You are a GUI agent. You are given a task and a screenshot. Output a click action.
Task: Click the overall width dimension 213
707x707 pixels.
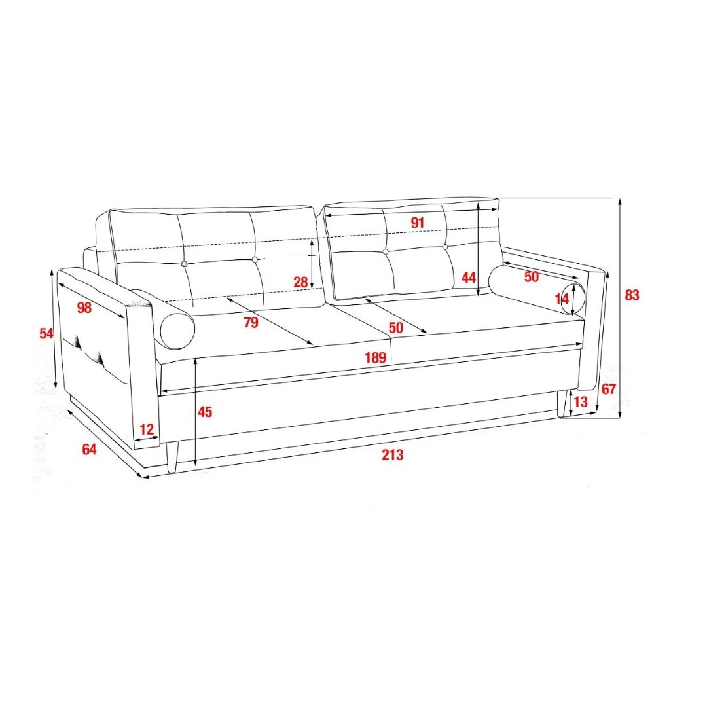[x=392, y=454]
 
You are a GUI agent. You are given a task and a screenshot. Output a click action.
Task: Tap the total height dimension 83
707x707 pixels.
[x=632, y=295]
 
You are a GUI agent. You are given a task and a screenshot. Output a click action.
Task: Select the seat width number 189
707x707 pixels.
[x=375, y=357]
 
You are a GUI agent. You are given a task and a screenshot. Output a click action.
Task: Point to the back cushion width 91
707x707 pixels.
[x=418, y=223]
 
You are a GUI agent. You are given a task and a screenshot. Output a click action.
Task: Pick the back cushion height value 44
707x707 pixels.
[x=469, y=278]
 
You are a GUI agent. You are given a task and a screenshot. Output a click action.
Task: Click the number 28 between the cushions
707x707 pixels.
[x=300, y=282]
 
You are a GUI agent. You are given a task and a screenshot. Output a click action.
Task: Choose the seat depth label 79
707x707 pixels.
[x=251, y=323]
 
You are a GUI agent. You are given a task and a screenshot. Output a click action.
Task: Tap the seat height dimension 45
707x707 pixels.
[x=205, y=412]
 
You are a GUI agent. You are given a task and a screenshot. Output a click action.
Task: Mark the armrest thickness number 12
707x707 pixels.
[x=147, y=429]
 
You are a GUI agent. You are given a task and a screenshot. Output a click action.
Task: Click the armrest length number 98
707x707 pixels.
[x=84, y=308]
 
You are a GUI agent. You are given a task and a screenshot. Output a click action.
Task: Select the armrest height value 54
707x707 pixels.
[x=46, y=334]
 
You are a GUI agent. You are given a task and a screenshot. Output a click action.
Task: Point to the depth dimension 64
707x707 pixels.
[x=89, y=450]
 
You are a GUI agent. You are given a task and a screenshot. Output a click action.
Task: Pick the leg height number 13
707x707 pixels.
[x=581, y=401]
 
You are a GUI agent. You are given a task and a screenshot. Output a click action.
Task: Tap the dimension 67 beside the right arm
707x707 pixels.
[x=609, y=389]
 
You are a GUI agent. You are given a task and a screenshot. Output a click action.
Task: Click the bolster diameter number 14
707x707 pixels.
[x=562, y=299]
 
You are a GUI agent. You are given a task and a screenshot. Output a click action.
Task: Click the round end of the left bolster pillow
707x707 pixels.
[x=177, y=331]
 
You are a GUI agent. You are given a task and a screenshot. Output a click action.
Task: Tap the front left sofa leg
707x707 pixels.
[x=173, y=457]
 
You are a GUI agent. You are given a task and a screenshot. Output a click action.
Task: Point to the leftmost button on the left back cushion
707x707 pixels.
[x=184, y=264]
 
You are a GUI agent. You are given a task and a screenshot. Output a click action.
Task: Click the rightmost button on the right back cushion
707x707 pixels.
[x=445, y=247]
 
